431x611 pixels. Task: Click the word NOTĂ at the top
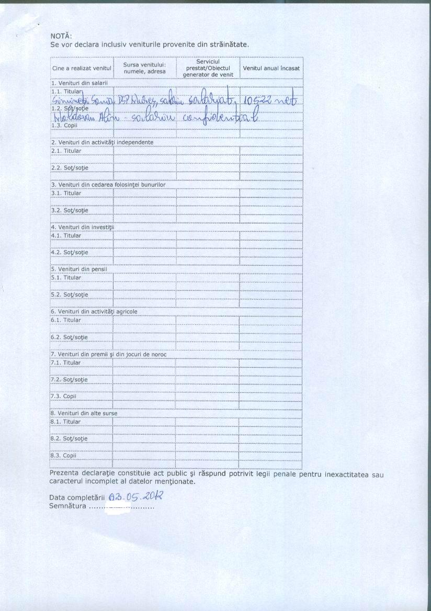(61, 36)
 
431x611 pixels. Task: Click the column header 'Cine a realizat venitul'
(82, 69)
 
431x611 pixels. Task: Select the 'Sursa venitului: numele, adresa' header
(144, 68)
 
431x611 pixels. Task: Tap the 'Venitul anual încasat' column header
(271, 69)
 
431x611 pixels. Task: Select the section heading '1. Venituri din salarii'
(79, 83)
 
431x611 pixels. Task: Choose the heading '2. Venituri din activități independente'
(102, 142)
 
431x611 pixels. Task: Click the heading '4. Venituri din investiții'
(82, 227)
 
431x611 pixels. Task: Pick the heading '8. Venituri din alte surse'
(84, 413)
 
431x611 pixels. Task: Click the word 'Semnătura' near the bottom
(67, 506)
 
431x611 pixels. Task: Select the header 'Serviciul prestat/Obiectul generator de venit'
(208, 69)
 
